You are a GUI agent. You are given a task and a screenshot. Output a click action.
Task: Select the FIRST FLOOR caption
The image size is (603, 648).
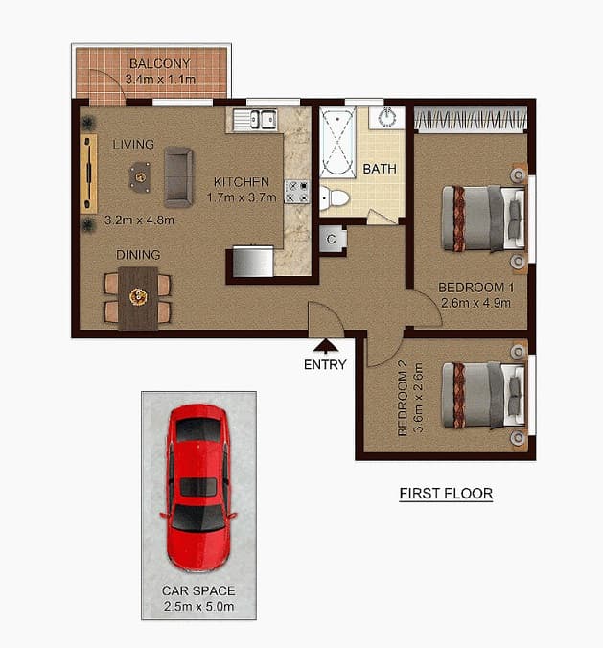coord(446,494)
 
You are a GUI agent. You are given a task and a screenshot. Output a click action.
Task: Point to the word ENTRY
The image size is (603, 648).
coord(325,364)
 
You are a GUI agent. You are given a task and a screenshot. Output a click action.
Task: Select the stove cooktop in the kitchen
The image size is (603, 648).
coord(298,192)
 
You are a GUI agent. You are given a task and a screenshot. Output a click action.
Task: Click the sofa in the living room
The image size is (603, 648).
coord(178,176)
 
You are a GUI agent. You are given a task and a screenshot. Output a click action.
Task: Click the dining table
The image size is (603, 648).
coord(137,297)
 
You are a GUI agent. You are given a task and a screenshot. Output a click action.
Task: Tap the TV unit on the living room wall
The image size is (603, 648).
coord(89,173)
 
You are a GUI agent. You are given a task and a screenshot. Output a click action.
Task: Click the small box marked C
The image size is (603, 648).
coord(331,240)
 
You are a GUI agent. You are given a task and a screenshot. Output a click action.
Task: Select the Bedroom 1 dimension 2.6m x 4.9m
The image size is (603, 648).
coord(476,303)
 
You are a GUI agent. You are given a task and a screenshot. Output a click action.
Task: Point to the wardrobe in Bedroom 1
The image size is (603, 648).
coord(470,120)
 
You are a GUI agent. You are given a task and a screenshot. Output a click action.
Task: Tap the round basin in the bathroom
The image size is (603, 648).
coord(389,118)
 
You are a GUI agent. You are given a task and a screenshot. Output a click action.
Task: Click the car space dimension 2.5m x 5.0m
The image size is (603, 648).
coord(198,607)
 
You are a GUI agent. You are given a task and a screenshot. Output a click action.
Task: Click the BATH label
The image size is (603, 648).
coord(380,169)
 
